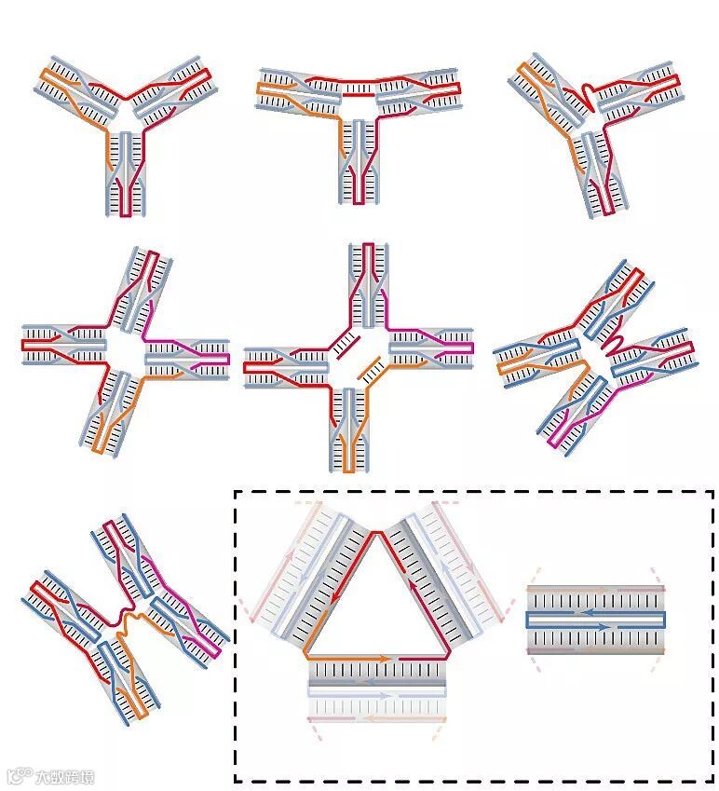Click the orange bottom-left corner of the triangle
[x=307, y=657]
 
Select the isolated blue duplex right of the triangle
[x=595, y=620]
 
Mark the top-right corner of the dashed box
[x=712, y=492]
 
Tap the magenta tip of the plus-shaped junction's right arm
[x=470, y=348]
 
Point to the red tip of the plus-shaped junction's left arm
[x=248, y=368]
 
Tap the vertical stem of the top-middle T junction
[x=359, y=158]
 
